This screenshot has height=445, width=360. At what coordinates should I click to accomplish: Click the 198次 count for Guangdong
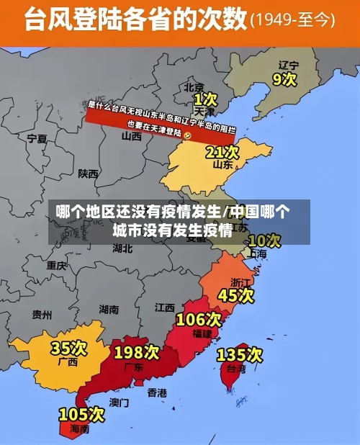[x=136, y=352]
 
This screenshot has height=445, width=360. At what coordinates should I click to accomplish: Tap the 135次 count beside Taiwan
[x=240, y=354]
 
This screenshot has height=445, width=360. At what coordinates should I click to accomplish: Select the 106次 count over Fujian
[x=199, y=318]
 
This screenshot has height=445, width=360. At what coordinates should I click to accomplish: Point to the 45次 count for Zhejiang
[x=236, y=295]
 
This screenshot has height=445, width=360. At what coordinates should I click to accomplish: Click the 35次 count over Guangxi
[x=68, y=349]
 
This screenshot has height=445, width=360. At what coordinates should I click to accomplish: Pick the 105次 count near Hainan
[x=81, y=414]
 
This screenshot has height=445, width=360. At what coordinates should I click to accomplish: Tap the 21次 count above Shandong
[x=222, y=152]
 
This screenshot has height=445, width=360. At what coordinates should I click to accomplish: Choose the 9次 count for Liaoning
[x=285, y=78]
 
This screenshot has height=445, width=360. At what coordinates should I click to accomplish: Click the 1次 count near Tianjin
[x=205, y=98]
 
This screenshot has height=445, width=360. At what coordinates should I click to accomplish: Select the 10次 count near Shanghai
[x=264, y=241]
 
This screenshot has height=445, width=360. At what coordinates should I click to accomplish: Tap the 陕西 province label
[x=89, y=174]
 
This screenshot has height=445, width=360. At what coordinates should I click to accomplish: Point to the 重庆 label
[x=57, y=265]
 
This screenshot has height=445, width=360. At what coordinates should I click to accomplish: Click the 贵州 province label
[x=42, y=315]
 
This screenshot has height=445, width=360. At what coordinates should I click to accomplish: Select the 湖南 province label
[x=109, y=310]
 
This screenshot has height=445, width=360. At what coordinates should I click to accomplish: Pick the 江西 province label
[x=165, y=307]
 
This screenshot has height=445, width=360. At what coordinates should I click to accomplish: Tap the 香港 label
[x=157, y=392]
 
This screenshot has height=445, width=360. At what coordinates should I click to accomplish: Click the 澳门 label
[x=119, y=403]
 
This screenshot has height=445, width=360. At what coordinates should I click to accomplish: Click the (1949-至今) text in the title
[x=292, y=20]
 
